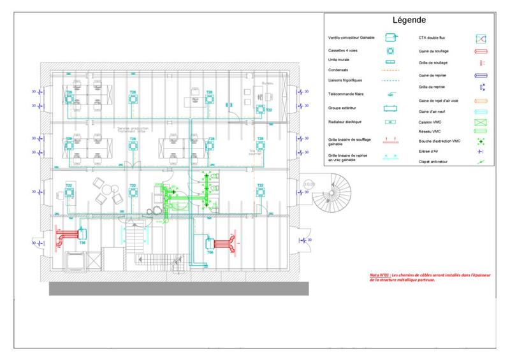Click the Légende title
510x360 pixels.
(409, 20)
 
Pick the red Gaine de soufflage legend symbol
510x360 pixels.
(481, 51)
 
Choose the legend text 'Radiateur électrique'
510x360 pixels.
(346, 121)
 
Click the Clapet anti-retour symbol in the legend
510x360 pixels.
(481, 163)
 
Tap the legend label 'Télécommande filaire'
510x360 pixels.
(347, 94)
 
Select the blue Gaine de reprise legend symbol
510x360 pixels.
(481, 75)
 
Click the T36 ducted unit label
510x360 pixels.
(82, 243)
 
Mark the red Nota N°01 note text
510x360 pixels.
(404, 277)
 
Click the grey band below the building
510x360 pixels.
(179, 288)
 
